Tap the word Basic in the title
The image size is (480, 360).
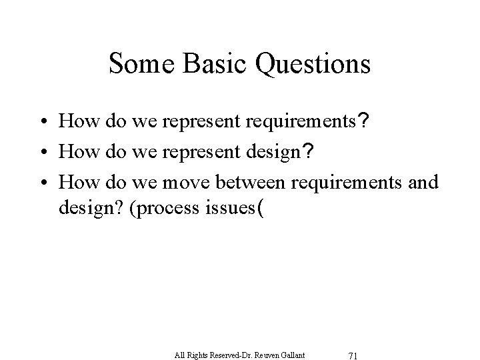click(x=207, y=64)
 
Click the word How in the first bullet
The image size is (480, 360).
click(x=74, y=122)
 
